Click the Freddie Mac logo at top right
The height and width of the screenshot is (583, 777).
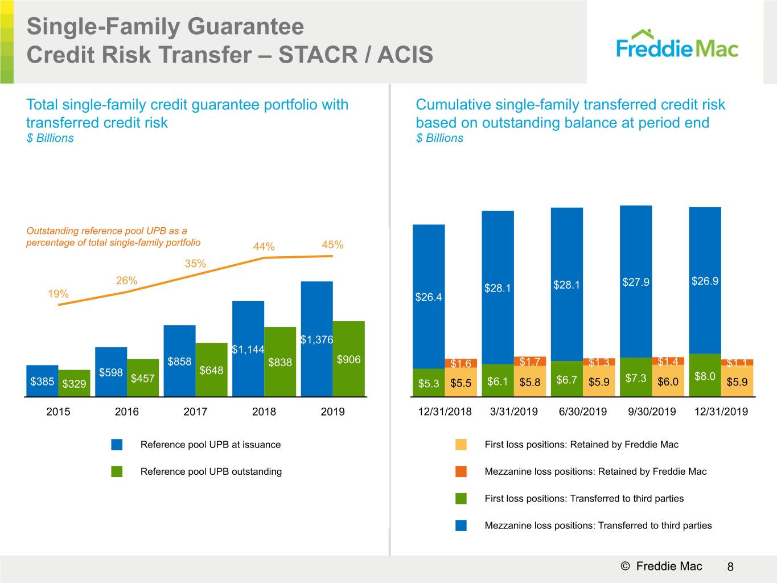(x=677, y=44)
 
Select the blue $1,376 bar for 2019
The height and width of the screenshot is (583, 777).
(x=317, y=339)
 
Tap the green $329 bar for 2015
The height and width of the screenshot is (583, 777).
(x=75, y=383)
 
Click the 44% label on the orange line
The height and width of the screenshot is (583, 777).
(x=264, y=247)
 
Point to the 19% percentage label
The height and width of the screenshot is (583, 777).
(x=59, y=294)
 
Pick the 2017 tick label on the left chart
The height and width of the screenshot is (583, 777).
(x=195, y=412)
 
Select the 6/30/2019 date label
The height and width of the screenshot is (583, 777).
(x=583, y=412)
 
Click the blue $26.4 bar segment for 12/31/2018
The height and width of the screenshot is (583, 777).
(x=429, y=297)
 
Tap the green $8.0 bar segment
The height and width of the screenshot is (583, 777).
(x=705, y=375)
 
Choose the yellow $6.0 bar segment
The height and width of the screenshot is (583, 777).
(x=668, y=380)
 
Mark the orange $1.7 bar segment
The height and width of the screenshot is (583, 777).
(x=530, y=362)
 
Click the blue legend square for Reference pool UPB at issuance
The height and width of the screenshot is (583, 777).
(x=117, y=445)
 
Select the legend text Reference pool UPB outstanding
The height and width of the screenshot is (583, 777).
(x=211, y=471)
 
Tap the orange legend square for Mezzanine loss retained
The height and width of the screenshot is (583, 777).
(x=461, y=471)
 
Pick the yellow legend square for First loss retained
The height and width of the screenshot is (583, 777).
(x=461, y=445)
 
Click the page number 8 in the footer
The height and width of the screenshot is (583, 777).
(x=730, y=566)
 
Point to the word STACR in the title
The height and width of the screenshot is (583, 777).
(x=323, y=55)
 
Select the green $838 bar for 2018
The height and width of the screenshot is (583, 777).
(x=280, y=362)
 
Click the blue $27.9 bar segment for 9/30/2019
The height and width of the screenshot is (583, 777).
(x=636, y=282)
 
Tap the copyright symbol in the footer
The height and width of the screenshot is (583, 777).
(x=625, y=566)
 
